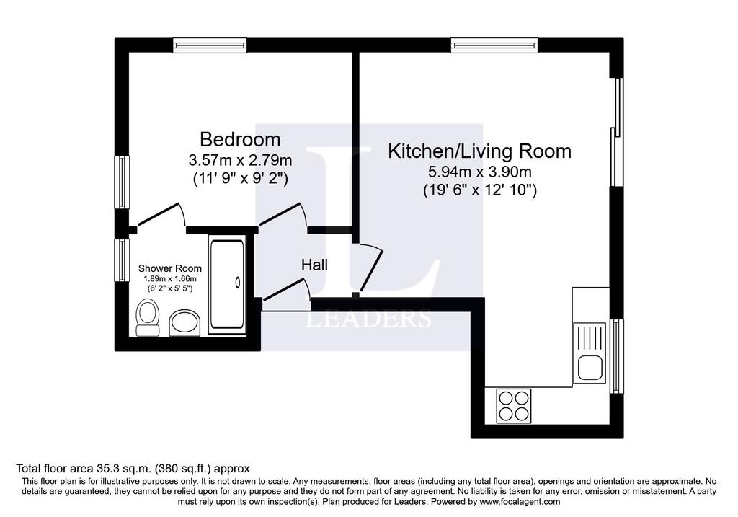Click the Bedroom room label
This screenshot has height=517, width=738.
(x=240, y=140)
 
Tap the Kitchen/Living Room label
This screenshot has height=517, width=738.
(x=479, y=151)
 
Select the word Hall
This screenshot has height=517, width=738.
(x=314, y=265)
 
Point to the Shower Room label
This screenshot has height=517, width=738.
(x=169, y=268)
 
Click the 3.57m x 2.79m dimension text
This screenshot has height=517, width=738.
(x=240, y=160)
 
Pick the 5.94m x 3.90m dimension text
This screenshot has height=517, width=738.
(x=479, y=172)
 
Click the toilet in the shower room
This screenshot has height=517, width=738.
(x=147, y=318)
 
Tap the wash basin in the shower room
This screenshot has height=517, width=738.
(x=184, y=322)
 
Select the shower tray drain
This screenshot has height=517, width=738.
(x=238, y=283)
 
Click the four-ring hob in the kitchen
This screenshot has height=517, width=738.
(x=514, y=406)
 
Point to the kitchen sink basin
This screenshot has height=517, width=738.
(x=590, y=368)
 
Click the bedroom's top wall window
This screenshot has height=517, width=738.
(x=210, y=45)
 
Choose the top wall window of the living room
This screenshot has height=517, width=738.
(x=494, y=45)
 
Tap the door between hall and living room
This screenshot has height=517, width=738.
(x=369, y=269)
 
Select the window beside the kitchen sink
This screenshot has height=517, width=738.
(x=617, y=356)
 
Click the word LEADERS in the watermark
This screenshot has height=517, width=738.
(x=369, y=318)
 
